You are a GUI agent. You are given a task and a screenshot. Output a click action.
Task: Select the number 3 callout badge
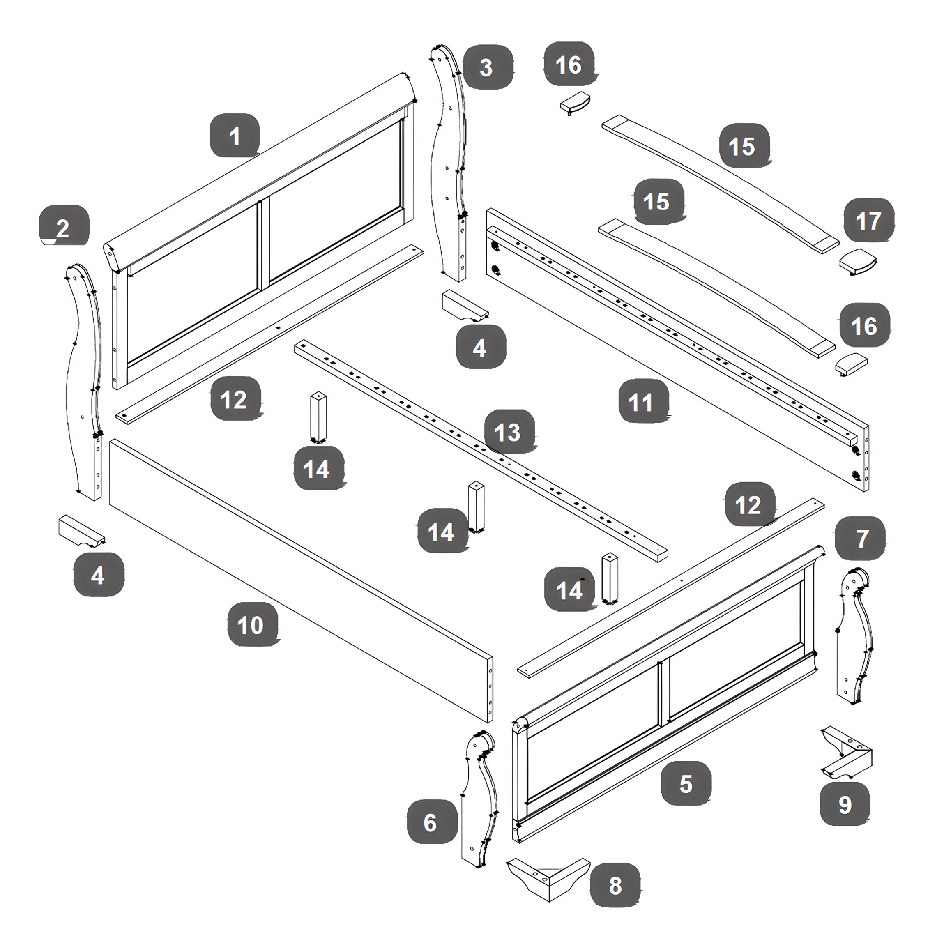coord(488,67)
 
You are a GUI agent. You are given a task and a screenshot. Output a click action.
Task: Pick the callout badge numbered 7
coord(861,538)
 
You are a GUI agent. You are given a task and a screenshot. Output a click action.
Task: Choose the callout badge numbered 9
coord(844,804)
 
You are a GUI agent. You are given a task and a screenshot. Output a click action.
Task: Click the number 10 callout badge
coord(252,624)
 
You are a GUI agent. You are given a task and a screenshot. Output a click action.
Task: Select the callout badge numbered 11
coord(643,402)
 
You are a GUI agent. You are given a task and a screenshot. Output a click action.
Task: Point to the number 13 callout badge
coord(509,431)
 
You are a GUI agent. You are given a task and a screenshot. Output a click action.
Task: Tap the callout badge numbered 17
coord(869,220)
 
